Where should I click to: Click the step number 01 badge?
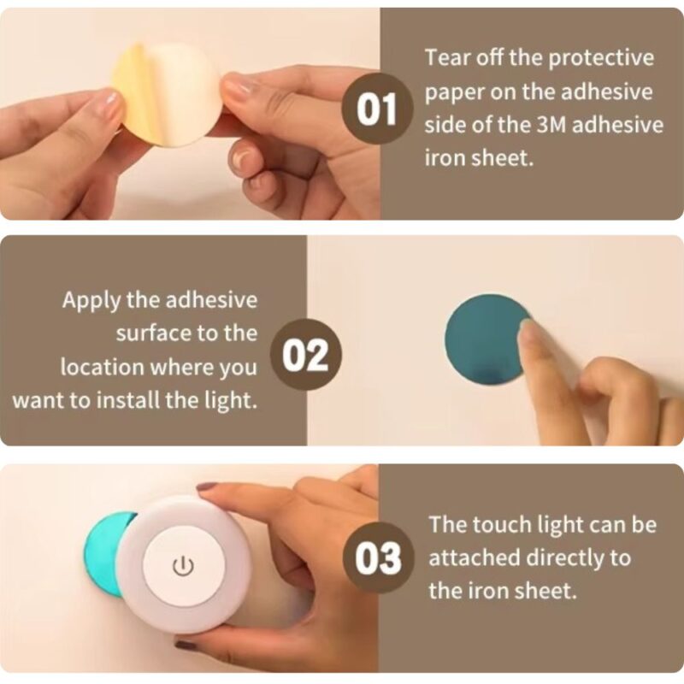377,109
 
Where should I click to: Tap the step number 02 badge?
306,354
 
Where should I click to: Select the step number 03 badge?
378,558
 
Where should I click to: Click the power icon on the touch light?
183,566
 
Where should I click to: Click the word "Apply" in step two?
91,302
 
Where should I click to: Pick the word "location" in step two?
102,367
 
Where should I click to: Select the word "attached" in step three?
474,557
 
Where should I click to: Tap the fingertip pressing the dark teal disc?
527,333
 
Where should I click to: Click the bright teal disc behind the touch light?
107,553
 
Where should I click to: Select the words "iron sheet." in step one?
480,157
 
